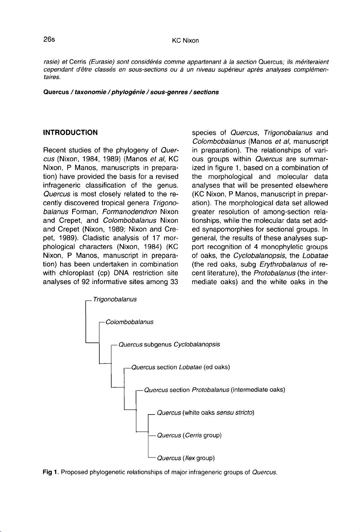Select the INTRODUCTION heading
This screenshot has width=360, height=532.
71,133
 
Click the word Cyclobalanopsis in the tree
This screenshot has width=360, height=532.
197,344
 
